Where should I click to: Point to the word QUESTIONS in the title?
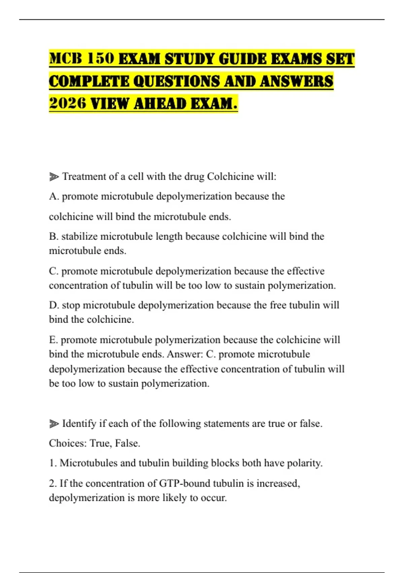[177, 81]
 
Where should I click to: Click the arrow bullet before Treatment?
[54, 177]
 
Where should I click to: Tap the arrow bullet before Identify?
[54, 424]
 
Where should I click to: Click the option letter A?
[54, 196]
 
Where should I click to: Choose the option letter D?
[54, 305]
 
